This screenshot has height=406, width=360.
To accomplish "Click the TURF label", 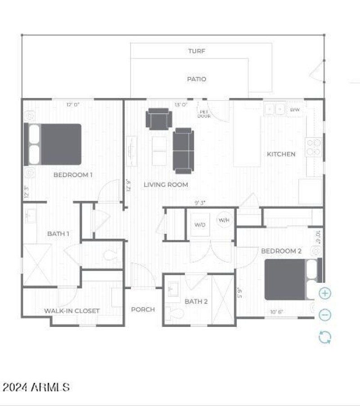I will point(197,51).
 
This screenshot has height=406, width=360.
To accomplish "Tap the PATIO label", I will point(197,79).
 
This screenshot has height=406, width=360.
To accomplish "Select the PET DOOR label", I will point(204,114).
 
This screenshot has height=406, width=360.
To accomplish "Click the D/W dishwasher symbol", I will point(295,110).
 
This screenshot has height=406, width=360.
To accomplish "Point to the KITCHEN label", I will point(281,154).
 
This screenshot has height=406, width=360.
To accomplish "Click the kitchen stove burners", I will point(314,147).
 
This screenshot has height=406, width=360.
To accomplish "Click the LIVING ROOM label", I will point(166,185).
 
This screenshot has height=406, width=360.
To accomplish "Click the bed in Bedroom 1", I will point(53,144).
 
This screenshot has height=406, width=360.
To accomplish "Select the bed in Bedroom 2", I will point(292,279).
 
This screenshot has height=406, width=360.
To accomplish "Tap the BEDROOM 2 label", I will point(281,251).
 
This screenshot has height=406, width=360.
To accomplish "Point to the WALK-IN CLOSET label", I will point(72,311).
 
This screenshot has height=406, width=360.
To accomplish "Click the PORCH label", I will point(143,309).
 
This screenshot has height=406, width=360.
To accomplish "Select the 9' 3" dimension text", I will point(200,203).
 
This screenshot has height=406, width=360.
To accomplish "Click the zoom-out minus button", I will point(325,315).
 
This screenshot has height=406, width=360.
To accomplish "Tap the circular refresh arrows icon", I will point(325,337).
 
